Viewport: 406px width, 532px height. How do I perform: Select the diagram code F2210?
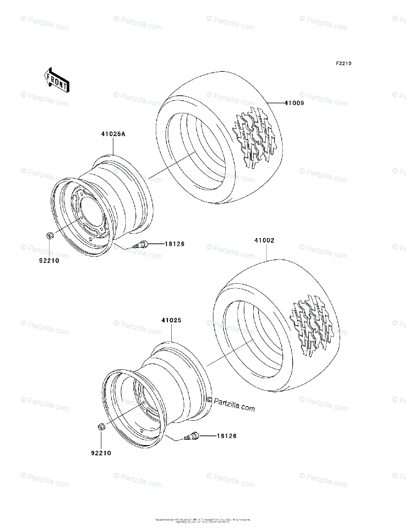point(343,64)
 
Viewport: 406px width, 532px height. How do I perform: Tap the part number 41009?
point(294,103)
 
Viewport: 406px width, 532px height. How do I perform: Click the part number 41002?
point(264,241)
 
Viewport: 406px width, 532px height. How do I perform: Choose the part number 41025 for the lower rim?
point(171,320)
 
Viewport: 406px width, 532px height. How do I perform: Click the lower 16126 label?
point(226,436)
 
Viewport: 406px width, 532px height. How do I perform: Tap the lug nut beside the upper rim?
point(50,235)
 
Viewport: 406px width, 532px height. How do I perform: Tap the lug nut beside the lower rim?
point(101,427)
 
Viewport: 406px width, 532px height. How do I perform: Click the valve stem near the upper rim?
point(143,244)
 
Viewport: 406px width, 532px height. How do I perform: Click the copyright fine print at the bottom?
point(203,520)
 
